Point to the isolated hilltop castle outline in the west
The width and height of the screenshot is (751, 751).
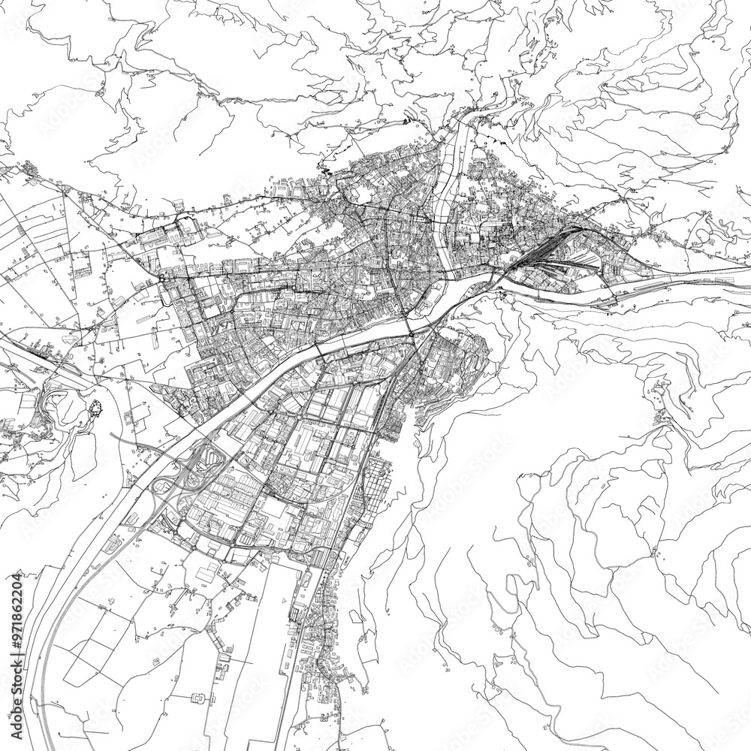(x=95, y=409)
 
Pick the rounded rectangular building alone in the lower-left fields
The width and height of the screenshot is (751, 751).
(x=199, y=698)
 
